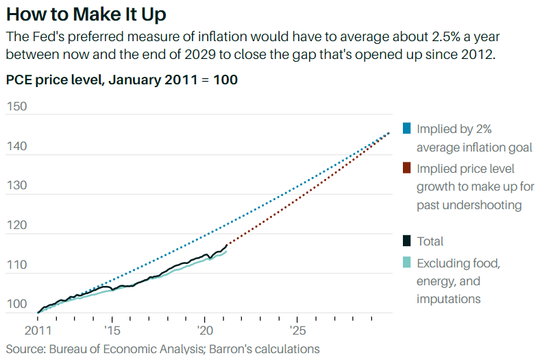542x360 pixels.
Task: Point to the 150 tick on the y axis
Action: (x=16, y=106)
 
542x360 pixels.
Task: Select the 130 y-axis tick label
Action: (x=16, y=185)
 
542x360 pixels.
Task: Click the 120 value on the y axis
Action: (x=16, y=224)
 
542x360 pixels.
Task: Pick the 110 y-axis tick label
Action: (x=16, y=264)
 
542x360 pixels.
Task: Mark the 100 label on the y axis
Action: (x=16, y=304)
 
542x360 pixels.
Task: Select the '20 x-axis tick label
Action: (x=205, y=329)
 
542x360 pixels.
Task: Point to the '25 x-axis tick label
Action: (x=297, y=329)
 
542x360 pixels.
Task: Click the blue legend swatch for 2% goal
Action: (x=407, y=128)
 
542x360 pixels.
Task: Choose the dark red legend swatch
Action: (x=407, y=168)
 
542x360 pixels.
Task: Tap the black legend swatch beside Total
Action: (x=407, y=241)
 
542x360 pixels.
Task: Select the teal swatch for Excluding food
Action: (x=407, y=262)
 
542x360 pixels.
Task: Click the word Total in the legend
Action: (x=430, y=241)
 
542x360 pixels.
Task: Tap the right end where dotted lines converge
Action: (x=389, y=133)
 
